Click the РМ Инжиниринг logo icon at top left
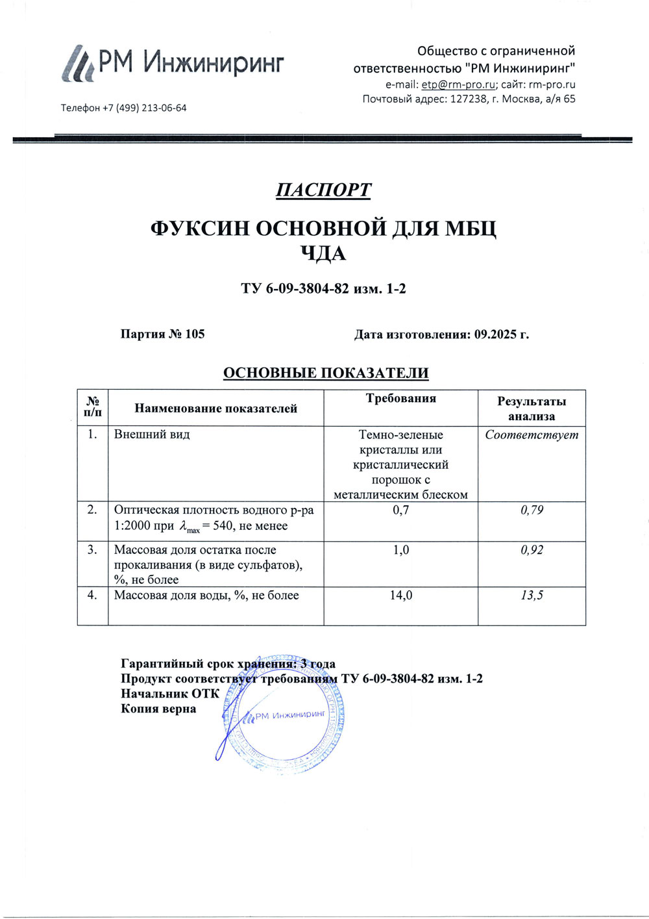coord(79,64)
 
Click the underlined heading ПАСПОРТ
coord(323,190)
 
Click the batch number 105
coord(195,334)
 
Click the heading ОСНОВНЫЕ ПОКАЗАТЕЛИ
coord(326,373)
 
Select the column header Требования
coord(401,399)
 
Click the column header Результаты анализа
coord(532,409)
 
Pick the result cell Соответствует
coord(532,434)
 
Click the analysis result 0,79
coord(532,510)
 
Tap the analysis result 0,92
coord(532,549)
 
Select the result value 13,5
coord(532,595)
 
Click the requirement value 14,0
coord(401,595)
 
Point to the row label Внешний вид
coord(152,434)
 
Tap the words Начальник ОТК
coord(170,694)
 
